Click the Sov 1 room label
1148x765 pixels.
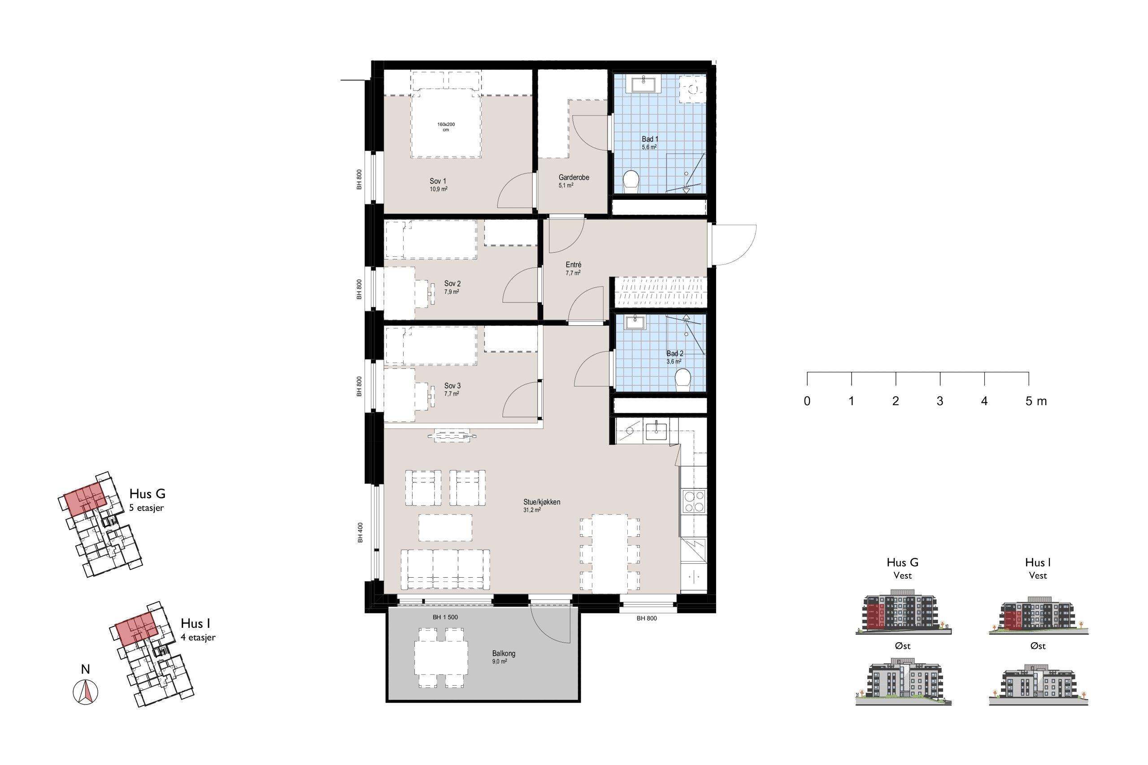438,181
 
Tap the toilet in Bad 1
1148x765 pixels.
631,179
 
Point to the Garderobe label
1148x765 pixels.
574,177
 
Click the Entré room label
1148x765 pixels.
574,265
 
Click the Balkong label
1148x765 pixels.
504,653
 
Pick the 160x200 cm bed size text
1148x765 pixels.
446,127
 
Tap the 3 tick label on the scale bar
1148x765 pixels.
939,401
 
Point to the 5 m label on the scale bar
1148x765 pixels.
1036,401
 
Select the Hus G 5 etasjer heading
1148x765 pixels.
148,500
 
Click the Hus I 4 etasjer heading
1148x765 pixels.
198,629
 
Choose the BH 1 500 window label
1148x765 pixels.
445,617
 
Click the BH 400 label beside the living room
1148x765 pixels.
360,533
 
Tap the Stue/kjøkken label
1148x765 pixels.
541,501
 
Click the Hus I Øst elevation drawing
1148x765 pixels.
1039,683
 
